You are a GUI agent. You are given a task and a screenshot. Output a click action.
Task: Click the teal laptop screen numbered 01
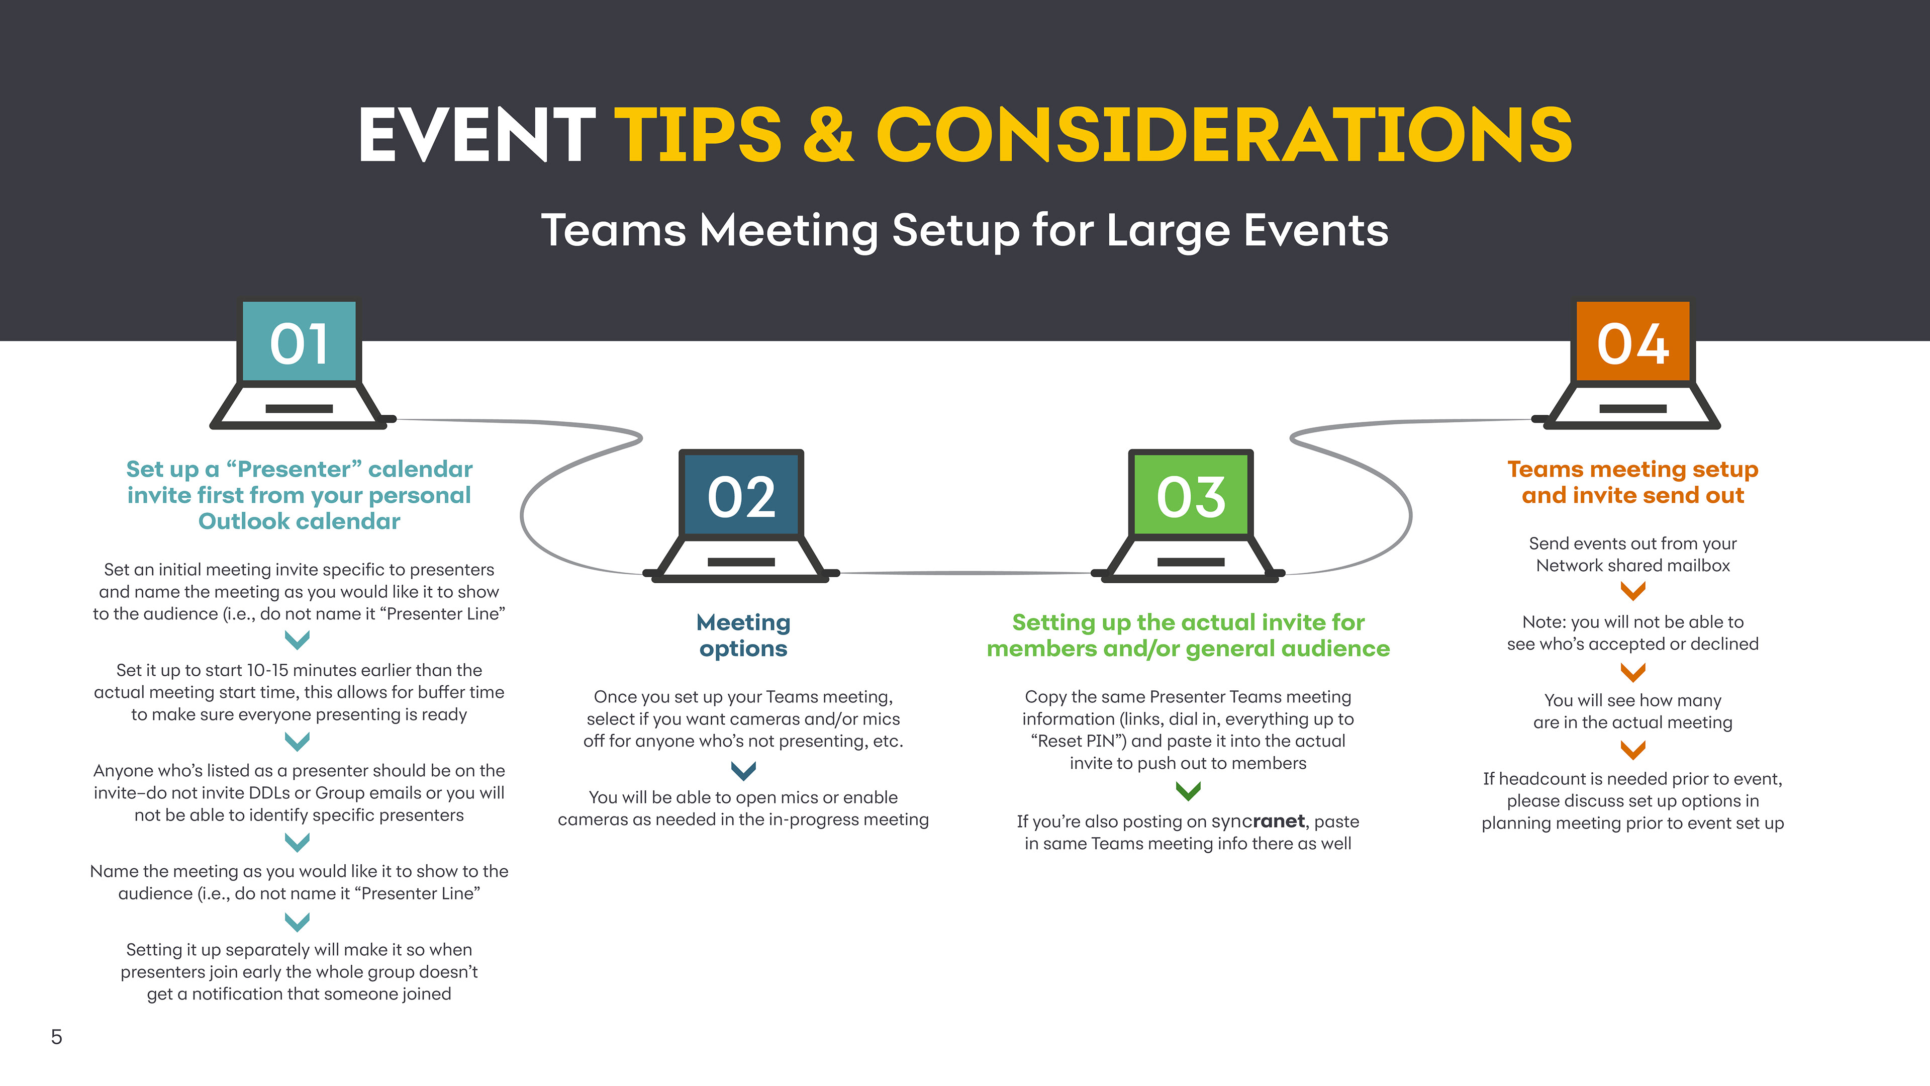pos(299,343)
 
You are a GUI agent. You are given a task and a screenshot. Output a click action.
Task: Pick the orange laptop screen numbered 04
pos(1632,343)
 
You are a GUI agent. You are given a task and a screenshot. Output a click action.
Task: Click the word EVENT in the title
pos(476,135)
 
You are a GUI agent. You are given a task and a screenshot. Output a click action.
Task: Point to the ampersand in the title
pos(828,135)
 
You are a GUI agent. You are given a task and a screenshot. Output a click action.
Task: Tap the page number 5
pos(56,1037)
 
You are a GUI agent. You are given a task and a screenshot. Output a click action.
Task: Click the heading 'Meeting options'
pos(743,635)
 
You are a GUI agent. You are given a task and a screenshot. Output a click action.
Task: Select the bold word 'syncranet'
pos(1258,822)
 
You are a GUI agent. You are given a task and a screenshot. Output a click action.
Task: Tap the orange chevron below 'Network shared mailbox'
pos(1632,591)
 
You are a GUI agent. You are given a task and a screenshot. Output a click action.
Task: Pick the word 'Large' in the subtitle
pos(1168,230)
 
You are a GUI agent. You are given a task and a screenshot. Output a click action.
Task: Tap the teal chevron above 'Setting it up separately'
pos(298,921)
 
